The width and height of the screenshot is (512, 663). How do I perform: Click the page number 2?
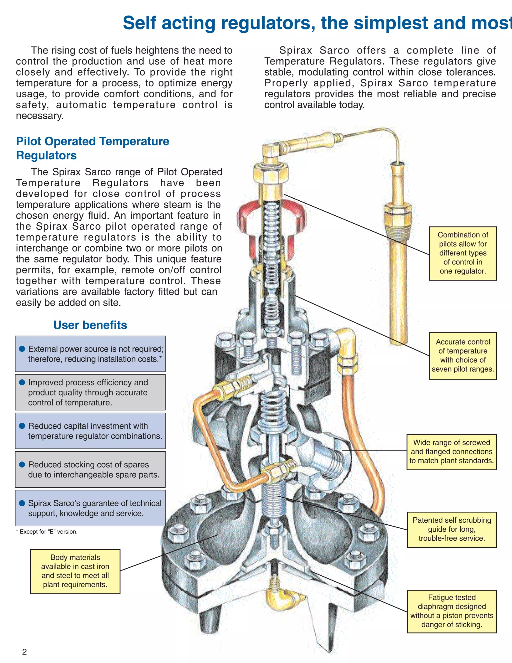click(24, 651)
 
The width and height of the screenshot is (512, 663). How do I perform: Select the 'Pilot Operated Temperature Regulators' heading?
click(92, 148)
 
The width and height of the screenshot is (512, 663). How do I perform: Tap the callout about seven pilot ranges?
click(463, 356)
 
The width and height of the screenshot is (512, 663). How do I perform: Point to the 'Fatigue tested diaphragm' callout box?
click(452, 611)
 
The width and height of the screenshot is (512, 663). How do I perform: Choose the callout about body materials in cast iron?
click(75, 571)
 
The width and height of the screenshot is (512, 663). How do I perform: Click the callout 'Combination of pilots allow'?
click(463, 253)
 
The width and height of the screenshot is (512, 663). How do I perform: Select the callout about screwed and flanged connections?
click(452, 452)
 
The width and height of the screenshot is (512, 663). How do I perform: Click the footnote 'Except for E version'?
click(47, 532)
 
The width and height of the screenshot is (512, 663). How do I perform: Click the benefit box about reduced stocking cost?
click(90, 469)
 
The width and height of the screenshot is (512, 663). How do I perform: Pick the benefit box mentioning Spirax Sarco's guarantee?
click(90, 508)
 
